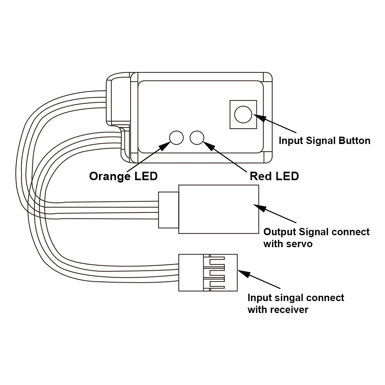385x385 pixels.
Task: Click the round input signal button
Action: click(x=243, y=114)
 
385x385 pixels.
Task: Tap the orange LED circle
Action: click(x=177, y=137)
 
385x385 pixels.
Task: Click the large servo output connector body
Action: click(x=219, y=209)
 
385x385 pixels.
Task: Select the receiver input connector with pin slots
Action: click(x=208, y=272)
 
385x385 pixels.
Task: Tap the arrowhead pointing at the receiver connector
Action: click(x=242, y=273)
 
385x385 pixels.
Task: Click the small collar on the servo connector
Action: click(x=169, y=209)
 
